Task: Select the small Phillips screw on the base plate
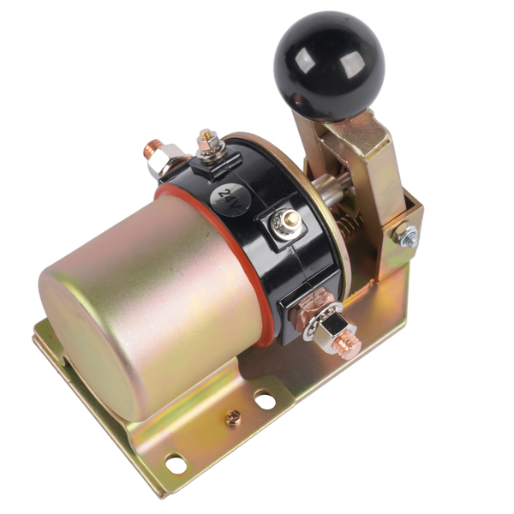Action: point(233,418)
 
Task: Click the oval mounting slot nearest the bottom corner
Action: point(176,463)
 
